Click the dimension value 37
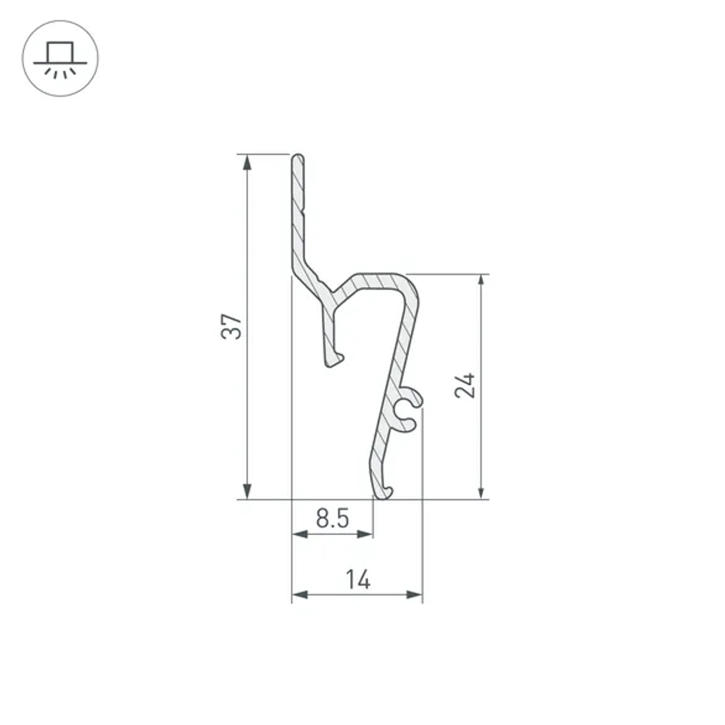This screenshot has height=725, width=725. pos(231,327)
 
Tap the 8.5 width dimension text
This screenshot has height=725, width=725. pos(333,519)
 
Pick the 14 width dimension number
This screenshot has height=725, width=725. pos(357,580)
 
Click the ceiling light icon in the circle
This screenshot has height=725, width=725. pos(61,58)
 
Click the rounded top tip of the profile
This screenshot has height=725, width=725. pos(297,157)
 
